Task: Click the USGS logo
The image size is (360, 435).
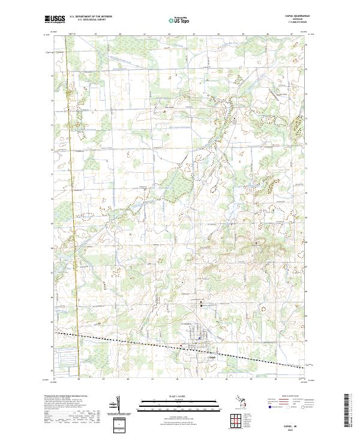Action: point(55,19)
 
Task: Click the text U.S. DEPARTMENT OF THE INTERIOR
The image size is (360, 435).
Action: point(91,17)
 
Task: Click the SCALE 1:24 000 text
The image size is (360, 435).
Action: point(179,397)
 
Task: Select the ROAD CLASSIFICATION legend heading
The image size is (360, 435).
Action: point(287,397)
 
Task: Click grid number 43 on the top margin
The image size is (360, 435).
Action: point(194,35)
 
